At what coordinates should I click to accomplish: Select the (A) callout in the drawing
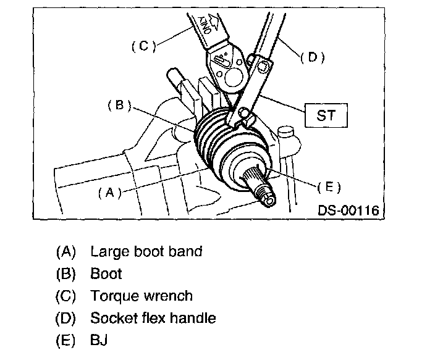[x=109, y=192]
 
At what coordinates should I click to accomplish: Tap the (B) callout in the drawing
[x=117, y=106]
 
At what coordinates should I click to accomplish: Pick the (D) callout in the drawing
[x=312, y=57]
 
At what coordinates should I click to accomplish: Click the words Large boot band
[x=146, y=251]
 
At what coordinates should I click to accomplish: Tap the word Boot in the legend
[x=106, y=273]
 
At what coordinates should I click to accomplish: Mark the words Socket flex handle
[x=153, y=318]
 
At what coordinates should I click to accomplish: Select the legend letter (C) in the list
[x=65, y=296]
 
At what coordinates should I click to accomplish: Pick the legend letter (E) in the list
[x=65, y=340]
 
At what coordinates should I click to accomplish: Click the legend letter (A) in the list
[x=65, y=251]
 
